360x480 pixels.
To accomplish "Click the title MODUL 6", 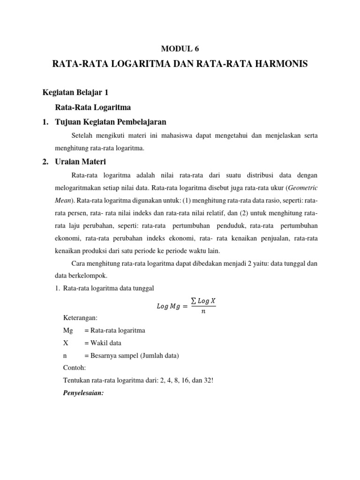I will tap(180, 48).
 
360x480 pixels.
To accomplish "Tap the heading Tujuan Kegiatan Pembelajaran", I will tap(111, 122).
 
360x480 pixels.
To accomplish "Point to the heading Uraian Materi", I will tap(81, 162).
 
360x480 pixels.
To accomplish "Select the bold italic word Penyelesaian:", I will tap(82, 393).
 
